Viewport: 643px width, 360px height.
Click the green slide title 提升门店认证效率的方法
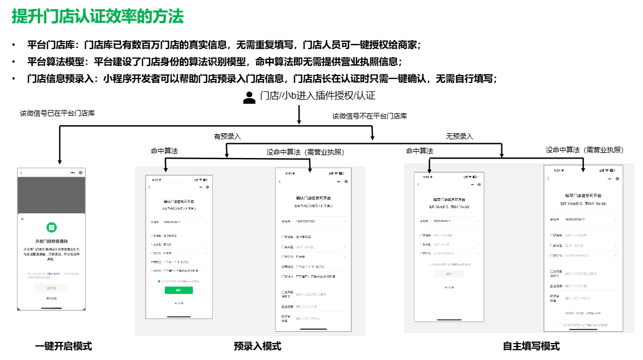[98, 16]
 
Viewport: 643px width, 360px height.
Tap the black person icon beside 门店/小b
[249, 98]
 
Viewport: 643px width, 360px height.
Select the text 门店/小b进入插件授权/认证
[318, 96]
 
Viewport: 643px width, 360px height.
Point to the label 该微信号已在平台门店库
[58, 113]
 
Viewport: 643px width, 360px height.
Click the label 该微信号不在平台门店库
[369, 116]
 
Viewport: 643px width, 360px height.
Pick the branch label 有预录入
[227, 136]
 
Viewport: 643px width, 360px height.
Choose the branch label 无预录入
[460, 136]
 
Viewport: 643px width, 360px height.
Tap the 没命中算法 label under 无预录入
[584, 150]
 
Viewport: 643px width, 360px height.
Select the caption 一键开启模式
[63, 346]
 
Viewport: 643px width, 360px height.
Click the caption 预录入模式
[257, 346]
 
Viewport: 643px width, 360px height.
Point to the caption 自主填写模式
[531, 346]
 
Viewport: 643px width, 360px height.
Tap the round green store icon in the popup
[51, 227]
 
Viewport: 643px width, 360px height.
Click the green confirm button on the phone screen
[179, 290]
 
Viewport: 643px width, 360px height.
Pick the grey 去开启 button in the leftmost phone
[51, 288]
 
